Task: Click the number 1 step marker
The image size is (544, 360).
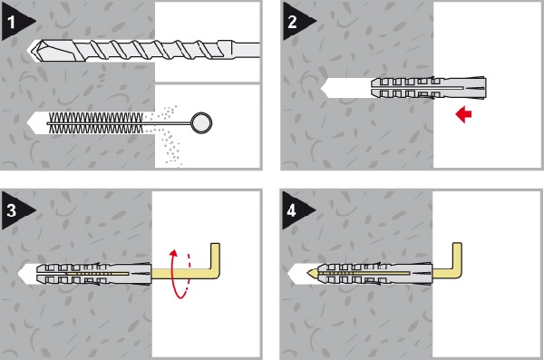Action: [x=15, y=22]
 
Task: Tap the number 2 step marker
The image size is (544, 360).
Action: [x=296, y=21]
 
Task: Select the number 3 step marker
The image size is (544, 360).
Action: [x=15, y=210]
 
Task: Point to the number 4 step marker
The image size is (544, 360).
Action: [x=296, y=210]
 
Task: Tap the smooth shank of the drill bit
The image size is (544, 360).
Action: [x=243, y=50]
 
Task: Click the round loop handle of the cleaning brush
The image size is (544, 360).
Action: [x=201, y=123]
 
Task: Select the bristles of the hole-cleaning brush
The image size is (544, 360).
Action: [x=96, y=122]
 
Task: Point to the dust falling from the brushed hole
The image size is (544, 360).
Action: [x=167, y=135]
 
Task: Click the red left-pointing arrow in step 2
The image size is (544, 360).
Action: [x=463, y=114]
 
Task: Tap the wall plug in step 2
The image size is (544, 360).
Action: [x=429, y=88]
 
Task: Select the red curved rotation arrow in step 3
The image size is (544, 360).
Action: [x=180, y=274]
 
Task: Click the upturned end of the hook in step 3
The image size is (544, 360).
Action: [x=215, y=256]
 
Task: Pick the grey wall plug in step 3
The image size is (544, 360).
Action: [x=94, y=274]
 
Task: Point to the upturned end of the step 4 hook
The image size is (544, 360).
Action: [x=457, y=256]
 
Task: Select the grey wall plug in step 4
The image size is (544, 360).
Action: [x=375, y=273]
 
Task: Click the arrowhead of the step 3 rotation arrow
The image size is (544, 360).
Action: [x=173, y=252]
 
